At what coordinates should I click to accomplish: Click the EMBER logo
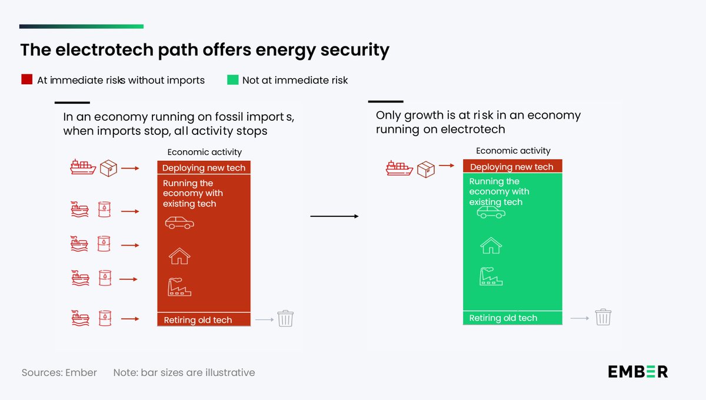click(638, 372)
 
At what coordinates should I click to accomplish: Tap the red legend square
click(26, 80)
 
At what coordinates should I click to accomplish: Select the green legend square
click(232, 80)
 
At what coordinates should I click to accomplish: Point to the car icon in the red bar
click(179, 223)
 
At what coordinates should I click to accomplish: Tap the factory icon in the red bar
click(179, 287)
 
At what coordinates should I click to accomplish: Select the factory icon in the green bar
click(491, 276)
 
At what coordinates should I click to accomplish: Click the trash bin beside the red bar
click(285, 319)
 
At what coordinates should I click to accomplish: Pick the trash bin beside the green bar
click(603, 317)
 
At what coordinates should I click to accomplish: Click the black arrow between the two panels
click(334, 217)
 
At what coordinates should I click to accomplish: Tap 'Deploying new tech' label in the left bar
click(204, 168)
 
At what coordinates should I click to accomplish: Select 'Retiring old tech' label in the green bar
click(503, 318)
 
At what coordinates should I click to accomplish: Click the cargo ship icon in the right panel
click(399, 169)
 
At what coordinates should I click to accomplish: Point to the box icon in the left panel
click(109, 168)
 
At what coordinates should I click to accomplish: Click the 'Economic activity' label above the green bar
click(513, 151)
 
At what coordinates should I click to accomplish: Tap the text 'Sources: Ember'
click(59, 372)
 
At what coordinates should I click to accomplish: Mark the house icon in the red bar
click(179, 256)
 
